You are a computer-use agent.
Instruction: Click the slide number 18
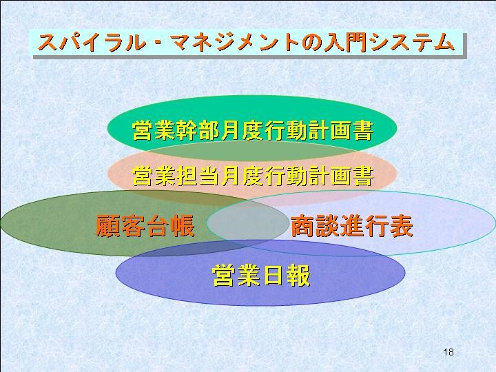448,352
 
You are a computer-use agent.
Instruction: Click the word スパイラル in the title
92,43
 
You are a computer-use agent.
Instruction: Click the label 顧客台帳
145,225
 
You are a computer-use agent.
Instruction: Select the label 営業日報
261,275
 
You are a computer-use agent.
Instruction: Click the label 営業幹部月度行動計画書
252,130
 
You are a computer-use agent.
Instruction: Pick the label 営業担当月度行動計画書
252,176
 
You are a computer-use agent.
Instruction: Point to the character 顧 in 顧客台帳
107,225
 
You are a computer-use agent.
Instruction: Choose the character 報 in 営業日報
298,275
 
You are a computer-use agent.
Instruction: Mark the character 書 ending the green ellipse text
362,130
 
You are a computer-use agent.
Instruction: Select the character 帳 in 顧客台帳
183,225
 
